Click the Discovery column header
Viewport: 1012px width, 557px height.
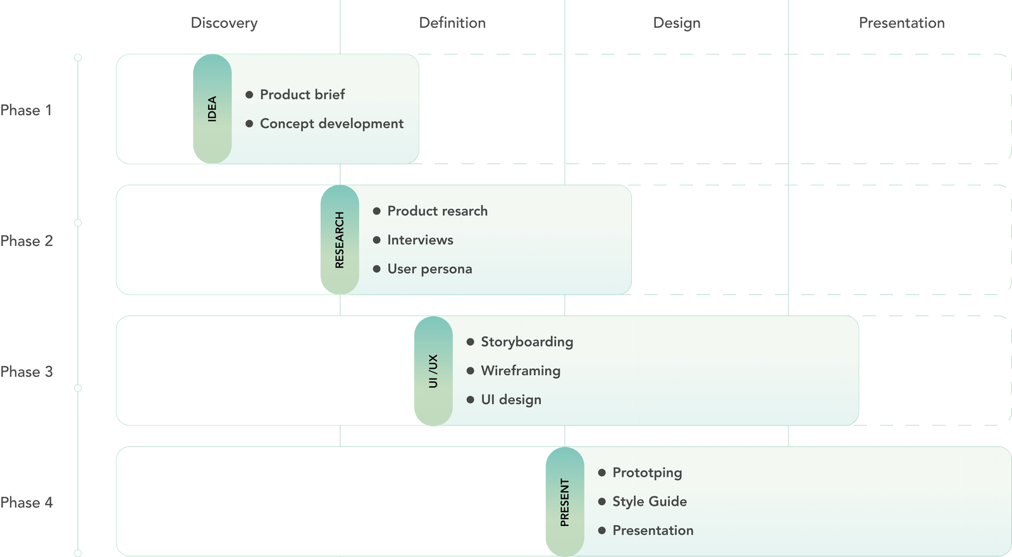224,23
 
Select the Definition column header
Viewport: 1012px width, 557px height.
452,23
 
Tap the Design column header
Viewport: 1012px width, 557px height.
677,23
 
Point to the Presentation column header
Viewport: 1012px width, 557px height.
901,23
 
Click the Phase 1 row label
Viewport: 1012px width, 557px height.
27,110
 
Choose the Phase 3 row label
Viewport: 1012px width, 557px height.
27,371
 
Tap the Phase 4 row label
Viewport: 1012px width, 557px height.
27,502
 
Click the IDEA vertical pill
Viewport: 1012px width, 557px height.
213,109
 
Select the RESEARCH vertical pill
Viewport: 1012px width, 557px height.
340,240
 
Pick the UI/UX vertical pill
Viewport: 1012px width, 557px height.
433,370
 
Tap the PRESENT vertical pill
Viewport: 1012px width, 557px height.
565,501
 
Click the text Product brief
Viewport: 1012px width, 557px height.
302,95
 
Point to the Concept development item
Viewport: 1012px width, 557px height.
331,124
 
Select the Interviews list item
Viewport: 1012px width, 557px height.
420,240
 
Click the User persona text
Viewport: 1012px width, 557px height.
429,269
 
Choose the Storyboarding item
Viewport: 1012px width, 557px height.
527,342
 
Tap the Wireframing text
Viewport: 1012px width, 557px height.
521,371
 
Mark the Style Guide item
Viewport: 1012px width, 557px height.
650,502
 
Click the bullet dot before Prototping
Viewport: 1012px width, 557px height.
602,472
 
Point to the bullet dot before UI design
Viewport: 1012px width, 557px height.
470,400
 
